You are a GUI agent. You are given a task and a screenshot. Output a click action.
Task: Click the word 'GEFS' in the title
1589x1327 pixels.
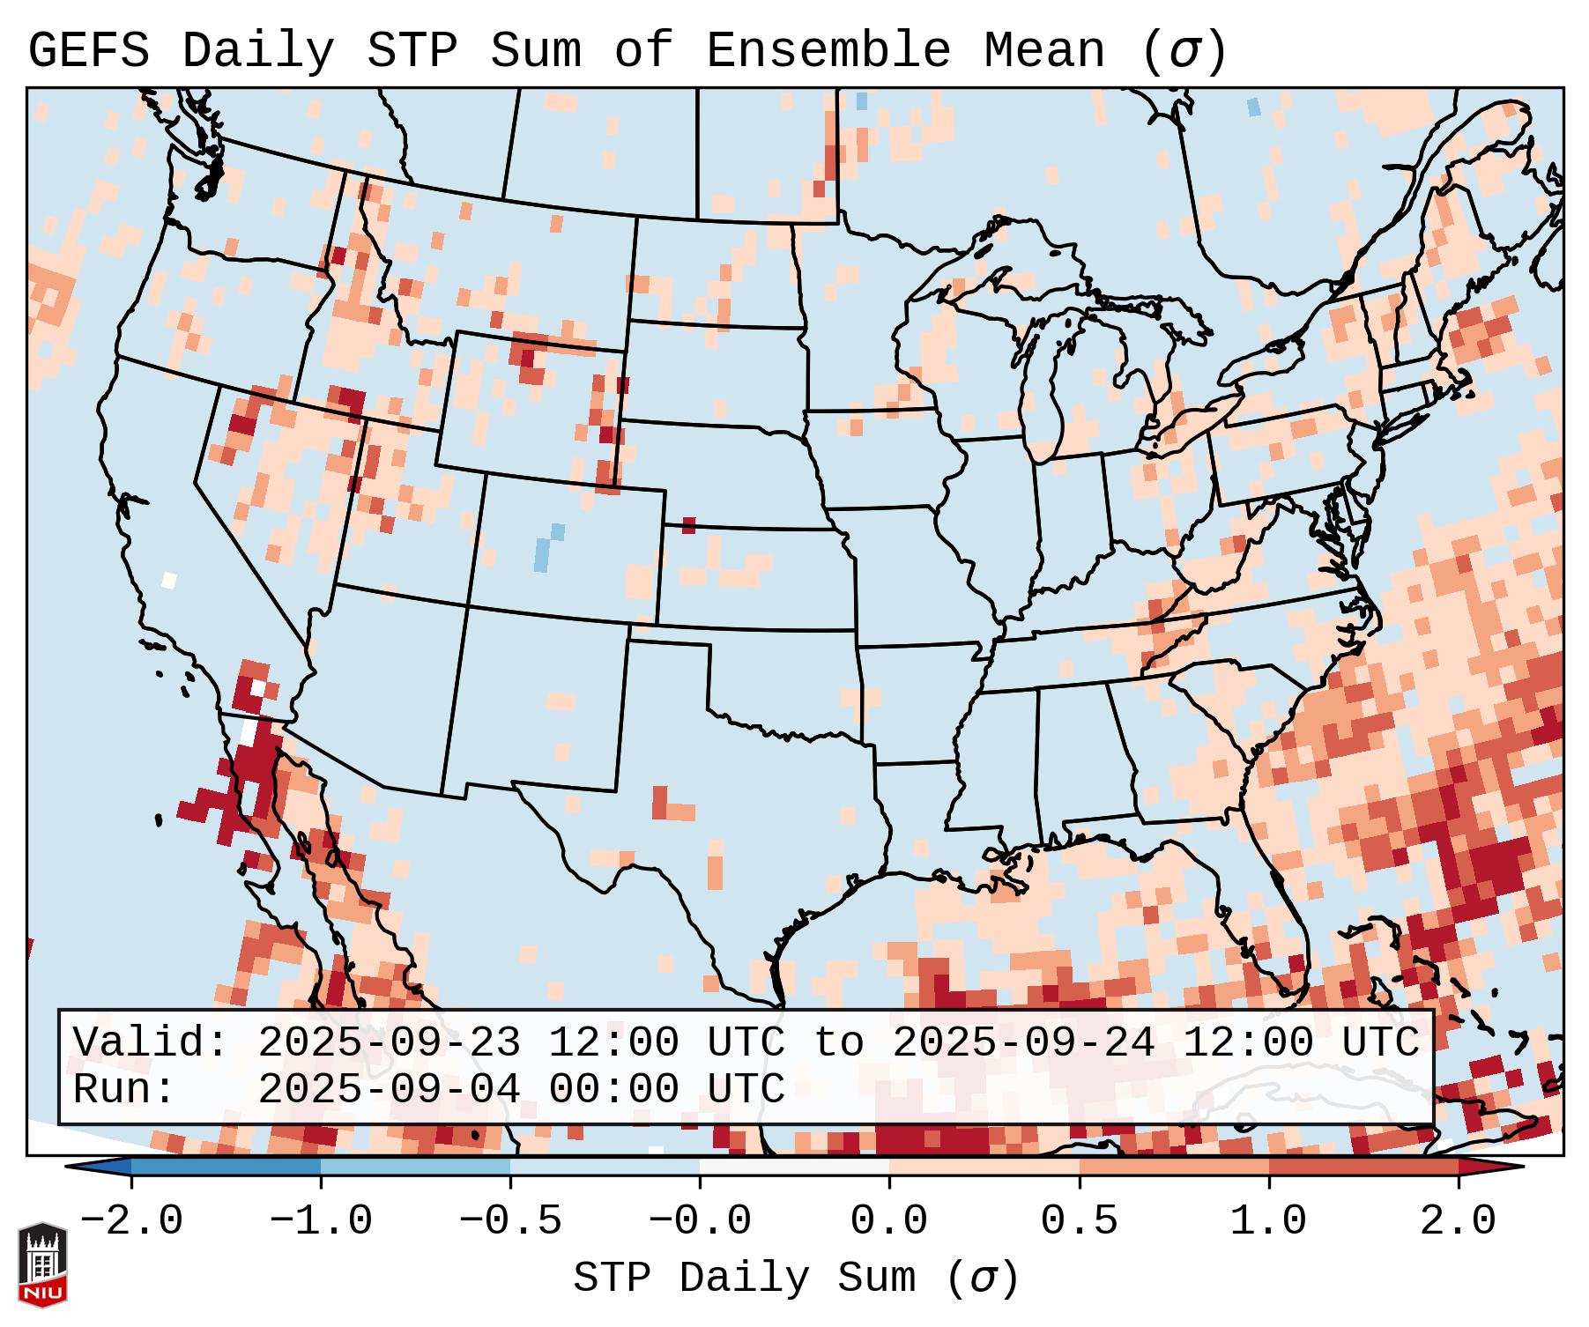(x=89, y=50)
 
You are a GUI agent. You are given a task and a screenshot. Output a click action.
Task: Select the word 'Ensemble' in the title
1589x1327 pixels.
(x=828, y=50)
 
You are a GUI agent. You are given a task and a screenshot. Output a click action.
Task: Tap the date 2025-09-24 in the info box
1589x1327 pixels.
(x=1023, y=1043)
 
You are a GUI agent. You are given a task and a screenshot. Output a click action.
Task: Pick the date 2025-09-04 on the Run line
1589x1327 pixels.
(x=389, y=1089)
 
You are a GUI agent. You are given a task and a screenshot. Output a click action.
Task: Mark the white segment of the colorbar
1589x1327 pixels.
(x=794, y=1167)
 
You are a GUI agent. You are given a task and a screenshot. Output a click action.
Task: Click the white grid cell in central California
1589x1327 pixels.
(x=169, y=580)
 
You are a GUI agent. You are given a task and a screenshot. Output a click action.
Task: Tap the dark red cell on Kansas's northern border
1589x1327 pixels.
(x=688, y=525)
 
